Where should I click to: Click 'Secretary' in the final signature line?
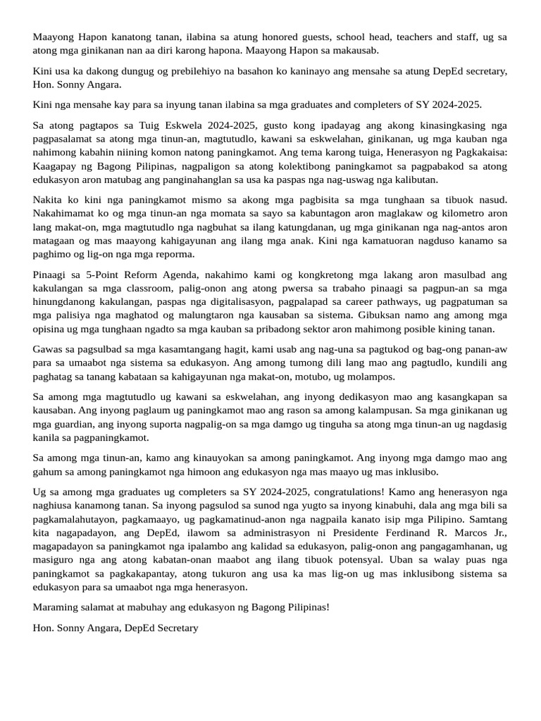[x=175, y=627]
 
